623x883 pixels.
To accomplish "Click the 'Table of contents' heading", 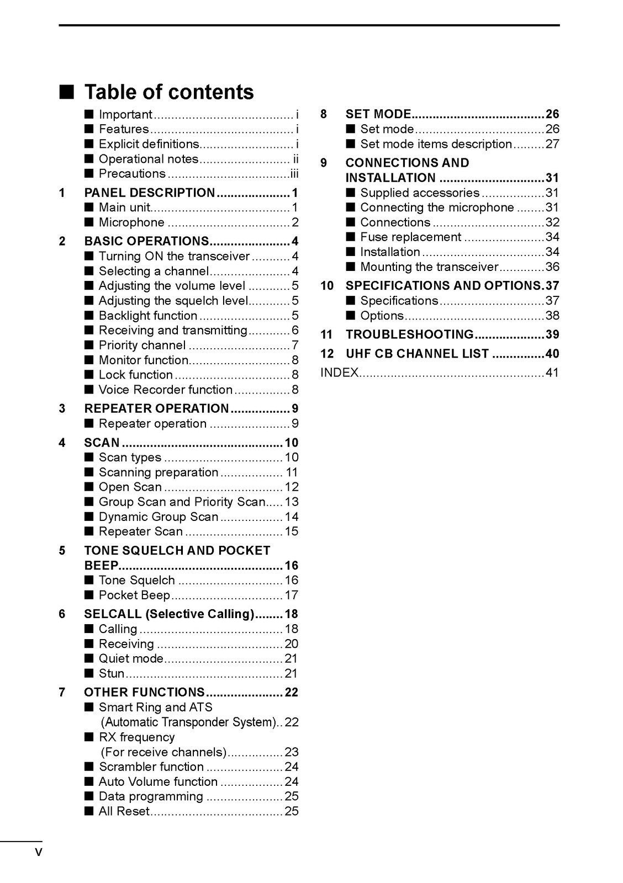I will (168, 92).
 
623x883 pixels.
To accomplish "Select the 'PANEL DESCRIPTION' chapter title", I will (149, 193).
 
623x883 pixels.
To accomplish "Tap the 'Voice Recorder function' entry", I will (165, 390).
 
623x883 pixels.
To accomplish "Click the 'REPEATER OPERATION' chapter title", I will (156, 408).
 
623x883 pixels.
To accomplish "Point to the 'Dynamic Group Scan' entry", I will (159, 517).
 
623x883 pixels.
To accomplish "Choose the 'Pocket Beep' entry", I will (134, 595).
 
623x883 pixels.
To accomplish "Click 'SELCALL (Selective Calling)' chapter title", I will (169, 614).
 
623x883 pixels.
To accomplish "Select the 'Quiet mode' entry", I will (131, 658).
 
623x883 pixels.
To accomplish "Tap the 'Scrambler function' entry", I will (151, 767).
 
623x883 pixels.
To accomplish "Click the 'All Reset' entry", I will (124, 811).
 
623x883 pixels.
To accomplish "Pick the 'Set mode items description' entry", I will (436, 144).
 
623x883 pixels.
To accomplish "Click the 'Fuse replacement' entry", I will (410, 237).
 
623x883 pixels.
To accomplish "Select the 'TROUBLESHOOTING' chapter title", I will (409, 334).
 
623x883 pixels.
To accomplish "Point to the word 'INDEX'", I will (339, 373).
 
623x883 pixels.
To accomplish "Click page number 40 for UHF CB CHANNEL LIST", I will (552, 354).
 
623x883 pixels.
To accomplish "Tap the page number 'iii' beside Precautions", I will (294, 174).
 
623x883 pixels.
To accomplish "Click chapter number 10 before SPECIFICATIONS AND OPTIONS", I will (327, 286).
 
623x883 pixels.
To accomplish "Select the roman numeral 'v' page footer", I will (38, 853).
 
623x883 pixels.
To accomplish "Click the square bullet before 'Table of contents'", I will (67, 92).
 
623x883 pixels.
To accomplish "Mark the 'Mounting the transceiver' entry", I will (429, 267).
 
